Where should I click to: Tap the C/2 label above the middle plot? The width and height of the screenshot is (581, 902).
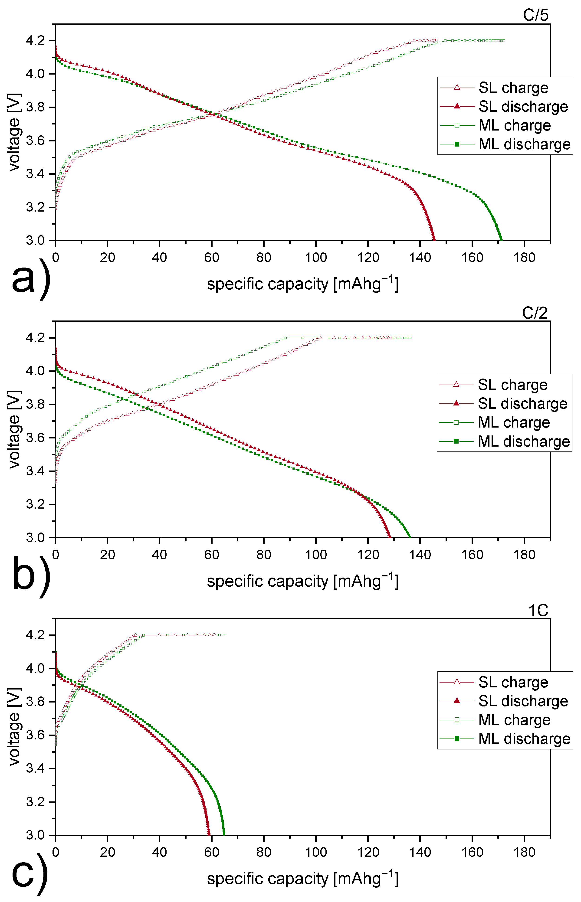535,313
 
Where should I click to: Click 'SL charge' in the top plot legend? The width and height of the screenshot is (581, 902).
513,88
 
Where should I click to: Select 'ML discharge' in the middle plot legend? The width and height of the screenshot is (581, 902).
524,441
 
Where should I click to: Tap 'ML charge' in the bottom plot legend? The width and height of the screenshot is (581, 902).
514,720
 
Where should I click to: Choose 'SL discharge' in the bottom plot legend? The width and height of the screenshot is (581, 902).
523,701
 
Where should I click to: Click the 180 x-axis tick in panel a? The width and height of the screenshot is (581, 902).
524,258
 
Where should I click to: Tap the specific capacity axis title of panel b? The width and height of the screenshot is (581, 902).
302,581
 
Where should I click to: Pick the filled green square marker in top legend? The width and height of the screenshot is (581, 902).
457,144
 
